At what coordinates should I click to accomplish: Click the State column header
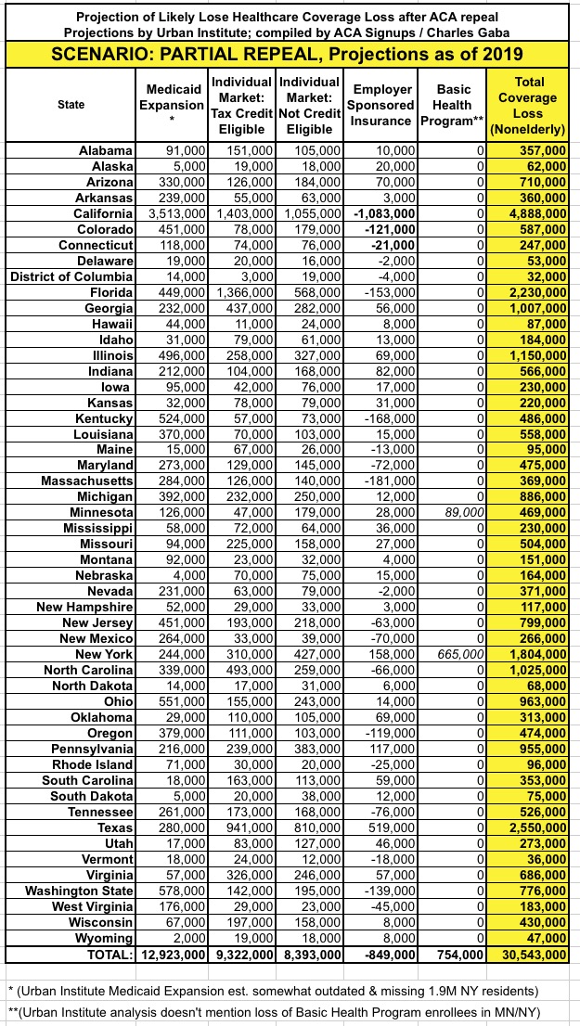pos(71,105)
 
